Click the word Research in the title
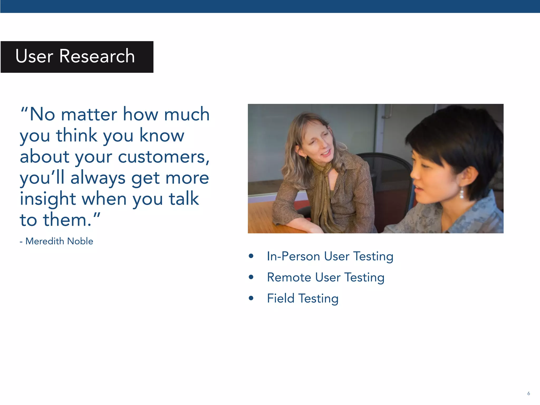(97, 56)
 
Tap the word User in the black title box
(34, 56)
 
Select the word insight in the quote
(48, 199)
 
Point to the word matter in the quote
(89, 114)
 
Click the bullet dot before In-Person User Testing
(251, 256)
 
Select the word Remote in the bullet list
(289, 277)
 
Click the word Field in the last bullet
(281, 298)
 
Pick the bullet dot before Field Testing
(251, 298)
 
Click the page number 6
(528, 393)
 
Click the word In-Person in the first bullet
(293, 256)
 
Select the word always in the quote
(98, 178)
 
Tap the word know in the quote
(162, 136)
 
